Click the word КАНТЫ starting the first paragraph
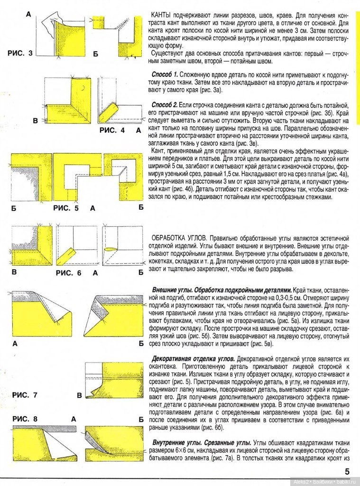(161, 16)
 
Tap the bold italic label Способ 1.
(164, 75)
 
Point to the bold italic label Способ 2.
(164, 104)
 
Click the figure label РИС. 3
(20, 54)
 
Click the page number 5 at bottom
(347, 472)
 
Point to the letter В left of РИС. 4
(35, 121)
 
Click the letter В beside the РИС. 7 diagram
(79, 395)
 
